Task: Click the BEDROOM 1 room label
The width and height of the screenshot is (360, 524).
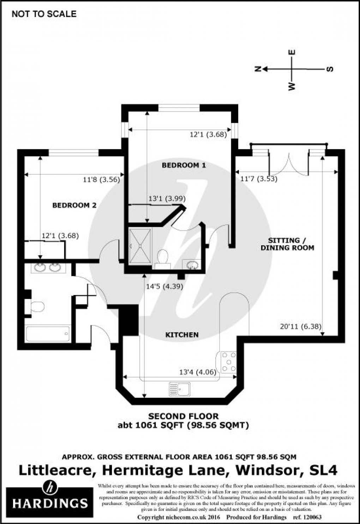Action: click(184, 165)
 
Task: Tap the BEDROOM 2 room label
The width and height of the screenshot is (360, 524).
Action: click(74, 205)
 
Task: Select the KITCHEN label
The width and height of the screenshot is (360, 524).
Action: click(182, 335)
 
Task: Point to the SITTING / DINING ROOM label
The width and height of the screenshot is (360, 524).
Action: click(287, 244)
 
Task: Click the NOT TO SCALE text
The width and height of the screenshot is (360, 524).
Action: click(44, 14)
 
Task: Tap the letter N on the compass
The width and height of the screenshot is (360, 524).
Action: click(258, 69)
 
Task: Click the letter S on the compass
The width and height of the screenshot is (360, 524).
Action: click(330, 69)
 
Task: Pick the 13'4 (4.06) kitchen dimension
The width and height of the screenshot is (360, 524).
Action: click(198, 372)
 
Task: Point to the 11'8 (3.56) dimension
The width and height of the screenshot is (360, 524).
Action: click(102, 179)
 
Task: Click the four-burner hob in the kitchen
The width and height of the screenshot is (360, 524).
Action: click(229, 362)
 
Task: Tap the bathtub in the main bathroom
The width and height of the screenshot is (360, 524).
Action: click(48, 333)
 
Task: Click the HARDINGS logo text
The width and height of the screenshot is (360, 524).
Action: click(50, 502)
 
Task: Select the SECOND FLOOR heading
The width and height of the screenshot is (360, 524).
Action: click(183, 416)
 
